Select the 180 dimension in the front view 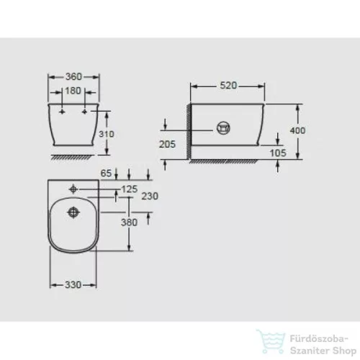coord(74,91)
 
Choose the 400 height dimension coord(297,130)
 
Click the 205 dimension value coord(167,144)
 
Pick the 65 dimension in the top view coord(106,174)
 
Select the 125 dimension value coord(129,188)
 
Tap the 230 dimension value coord(150,196)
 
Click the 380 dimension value coord(129,222)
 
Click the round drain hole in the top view coord(74,213)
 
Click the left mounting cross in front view coord(63,113)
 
